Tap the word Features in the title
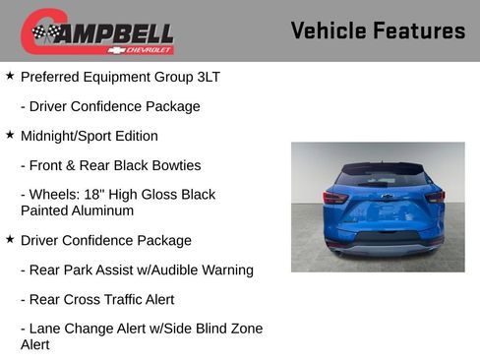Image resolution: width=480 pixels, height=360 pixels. pos(421,30)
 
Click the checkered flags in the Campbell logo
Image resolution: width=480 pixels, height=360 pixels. pos(45,33)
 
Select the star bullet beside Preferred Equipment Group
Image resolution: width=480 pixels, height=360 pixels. pos(10,75)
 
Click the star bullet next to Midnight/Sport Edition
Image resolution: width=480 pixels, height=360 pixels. pos(10,134)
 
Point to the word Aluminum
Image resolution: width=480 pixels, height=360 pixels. pos(104,210)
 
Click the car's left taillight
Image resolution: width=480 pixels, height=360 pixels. pos(336,197)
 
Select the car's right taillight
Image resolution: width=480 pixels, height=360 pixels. pos(434,197)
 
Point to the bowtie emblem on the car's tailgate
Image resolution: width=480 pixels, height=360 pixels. pos(386,197)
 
